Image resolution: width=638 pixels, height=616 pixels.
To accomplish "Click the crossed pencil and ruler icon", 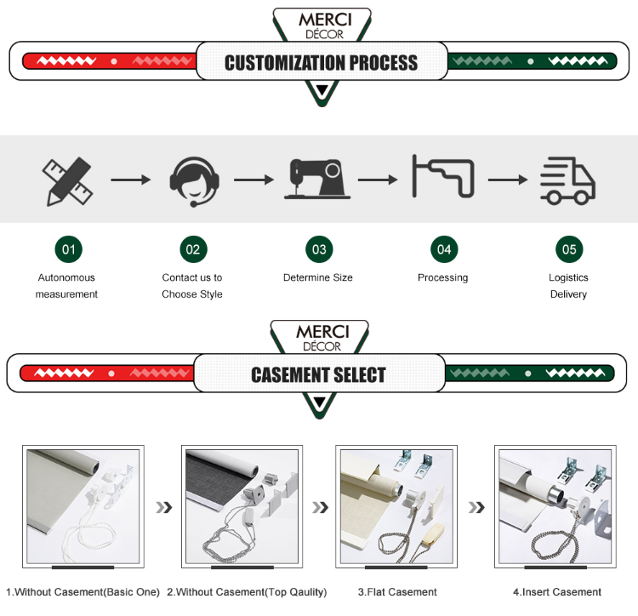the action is (x=67, y=181).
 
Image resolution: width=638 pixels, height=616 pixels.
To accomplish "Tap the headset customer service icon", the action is (x=195, y=181).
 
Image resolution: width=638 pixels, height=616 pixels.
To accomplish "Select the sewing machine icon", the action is (x=317, y=179).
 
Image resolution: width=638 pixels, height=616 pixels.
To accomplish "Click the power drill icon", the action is (x=443, y=176).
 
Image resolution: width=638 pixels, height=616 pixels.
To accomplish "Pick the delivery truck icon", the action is (x=567, y=180).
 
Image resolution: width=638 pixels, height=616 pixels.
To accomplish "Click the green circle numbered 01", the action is (x=69, y=249).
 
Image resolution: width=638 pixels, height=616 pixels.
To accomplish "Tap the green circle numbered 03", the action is (x=319, y=249).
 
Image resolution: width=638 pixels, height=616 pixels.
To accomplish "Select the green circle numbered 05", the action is (x=569, y=249).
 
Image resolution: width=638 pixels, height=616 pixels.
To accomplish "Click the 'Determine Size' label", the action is (x=318, y=277).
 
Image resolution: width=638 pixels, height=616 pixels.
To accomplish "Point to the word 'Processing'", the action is (x=442, y=278).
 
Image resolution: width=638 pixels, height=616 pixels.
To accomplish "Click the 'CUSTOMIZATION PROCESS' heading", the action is (x=321, y=63).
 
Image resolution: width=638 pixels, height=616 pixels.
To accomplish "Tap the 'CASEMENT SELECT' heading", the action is (x=318, y=374).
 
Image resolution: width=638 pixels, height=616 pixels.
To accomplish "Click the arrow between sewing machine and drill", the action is (x=378, y=180).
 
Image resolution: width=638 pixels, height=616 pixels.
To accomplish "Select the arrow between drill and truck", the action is (x=508, y=180).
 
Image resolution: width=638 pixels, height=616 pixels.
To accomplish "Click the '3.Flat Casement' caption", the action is (x=397, y=592).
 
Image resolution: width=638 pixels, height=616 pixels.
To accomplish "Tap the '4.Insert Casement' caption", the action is (x=557, y=592).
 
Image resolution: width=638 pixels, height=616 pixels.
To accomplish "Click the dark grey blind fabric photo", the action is (x=242, y=506).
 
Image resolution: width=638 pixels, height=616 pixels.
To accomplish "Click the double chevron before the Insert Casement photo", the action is (x=476, y=507).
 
